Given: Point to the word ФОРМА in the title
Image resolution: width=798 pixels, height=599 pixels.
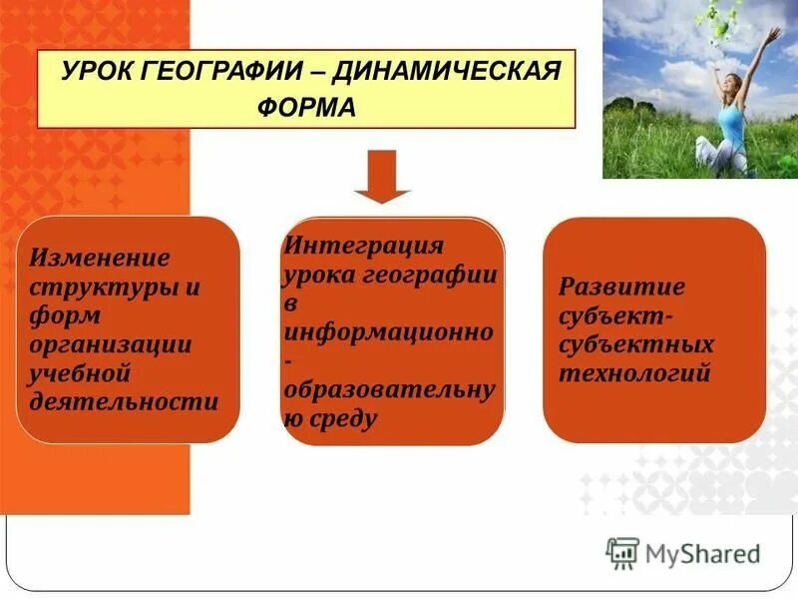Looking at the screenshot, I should (305, 107).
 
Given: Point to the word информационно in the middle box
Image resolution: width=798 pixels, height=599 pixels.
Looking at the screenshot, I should (388, 332).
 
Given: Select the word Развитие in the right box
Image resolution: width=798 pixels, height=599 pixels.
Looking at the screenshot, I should (621, 288).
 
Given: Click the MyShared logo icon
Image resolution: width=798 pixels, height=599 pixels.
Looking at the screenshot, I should (622, 553).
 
